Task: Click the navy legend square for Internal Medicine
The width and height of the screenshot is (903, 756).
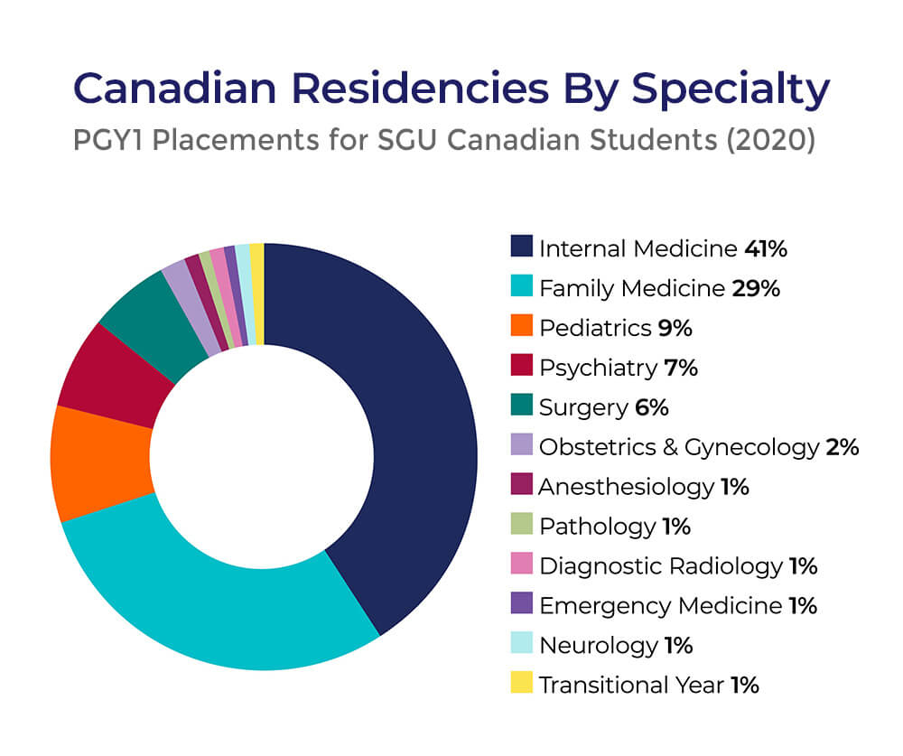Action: [x=521, y=247]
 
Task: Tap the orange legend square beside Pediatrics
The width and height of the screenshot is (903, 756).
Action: [x=521, y=327]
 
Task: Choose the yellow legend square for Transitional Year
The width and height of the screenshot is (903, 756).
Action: [x=521, y=684]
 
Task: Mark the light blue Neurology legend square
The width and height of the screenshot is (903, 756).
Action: [x=521, y=644]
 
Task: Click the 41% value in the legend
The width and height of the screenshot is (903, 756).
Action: [x=766, y=248]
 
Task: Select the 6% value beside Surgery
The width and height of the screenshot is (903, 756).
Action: [x=651, y=407]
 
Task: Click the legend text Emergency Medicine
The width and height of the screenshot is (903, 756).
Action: [x=659, y=605]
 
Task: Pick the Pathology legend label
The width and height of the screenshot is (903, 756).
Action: [x=597, y=526]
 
